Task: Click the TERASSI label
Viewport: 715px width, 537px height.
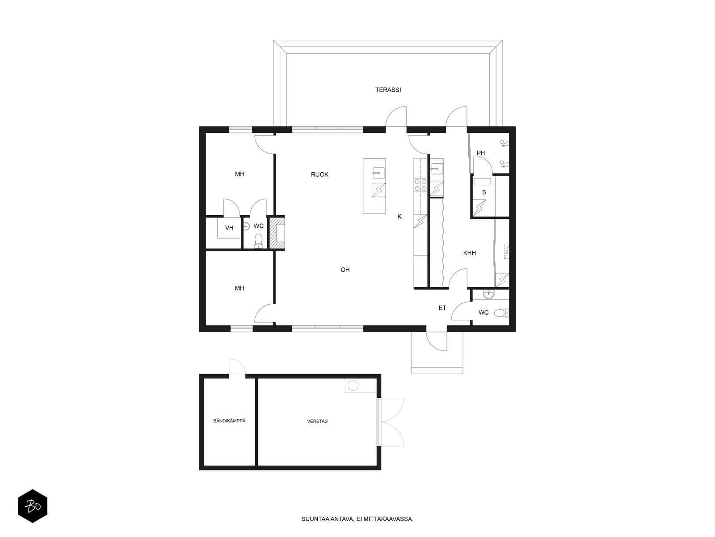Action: tap(388, 90)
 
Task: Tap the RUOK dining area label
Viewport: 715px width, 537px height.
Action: tap(320, 175)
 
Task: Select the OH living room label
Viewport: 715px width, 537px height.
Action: tap(345, 270)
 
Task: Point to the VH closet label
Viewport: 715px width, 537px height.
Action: tap(229, 228)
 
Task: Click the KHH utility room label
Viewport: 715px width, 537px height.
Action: tap(469, 253)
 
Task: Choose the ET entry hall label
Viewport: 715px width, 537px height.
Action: tap(442, 308)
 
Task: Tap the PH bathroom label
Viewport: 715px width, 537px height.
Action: tap(480, 153)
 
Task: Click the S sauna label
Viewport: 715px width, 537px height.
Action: tap(484, 192)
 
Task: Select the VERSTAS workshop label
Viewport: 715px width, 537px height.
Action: tap(317, 421)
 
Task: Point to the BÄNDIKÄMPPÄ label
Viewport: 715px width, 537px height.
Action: tap(229, 421)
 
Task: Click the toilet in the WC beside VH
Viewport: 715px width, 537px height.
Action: tap(258, 242)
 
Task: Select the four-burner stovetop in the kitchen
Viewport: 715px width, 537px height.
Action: tap(420, 185)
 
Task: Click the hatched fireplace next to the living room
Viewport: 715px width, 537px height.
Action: tap(279, 233)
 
